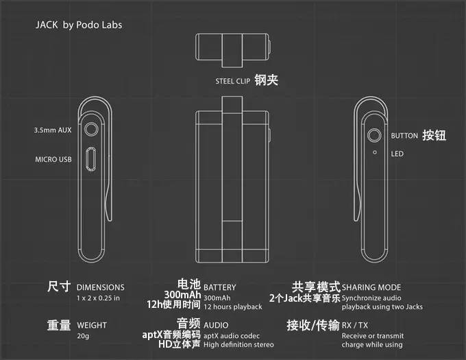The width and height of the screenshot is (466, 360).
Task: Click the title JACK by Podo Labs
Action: (79, 25)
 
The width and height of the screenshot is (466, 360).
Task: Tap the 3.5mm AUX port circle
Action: (91, 130)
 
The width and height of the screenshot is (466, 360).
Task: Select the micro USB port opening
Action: (91, 159)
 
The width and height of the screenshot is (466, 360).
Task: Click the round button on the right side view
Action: (374, 135)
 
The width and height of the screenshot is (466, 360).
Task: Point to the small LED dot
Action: (375, 152)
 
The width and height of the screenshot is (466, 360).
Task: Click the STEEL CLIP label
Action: (233, 81)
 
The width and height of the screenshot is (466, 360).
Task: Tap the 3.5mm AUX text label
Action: (53, 130)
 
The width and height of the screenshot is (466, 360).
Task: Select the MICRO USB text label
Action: (53, 159)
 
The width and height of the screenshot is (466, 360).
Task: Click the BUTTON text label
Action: (404, 136)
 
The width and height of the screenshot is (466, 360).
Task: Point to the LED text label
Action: (397, 154)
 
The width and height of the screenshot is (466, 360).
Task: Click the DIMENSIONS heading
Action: (101, 287)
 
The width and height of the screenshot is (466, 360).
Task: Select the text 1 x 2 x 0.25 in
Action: (99, 298)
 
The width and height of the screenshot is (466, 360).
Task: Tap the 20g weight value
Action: (83, 336)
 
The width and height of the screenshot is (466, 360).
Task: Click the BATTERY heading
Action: (219, 287)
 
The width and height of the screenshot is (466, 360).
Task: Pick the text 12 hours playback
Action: (233, 307)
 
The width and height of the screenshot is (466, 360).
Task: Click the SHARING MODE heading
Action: (371, 287)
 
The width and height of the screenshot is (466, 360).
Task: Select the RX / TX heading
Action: (355, 325)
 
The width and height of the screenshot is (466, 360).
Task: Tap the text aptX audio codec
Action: (232, 336)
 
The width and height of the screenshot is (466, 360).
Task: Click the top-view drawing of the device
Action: (233, 50)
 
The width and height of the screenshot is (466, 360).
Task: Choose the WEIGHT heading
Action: (92, 325)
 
